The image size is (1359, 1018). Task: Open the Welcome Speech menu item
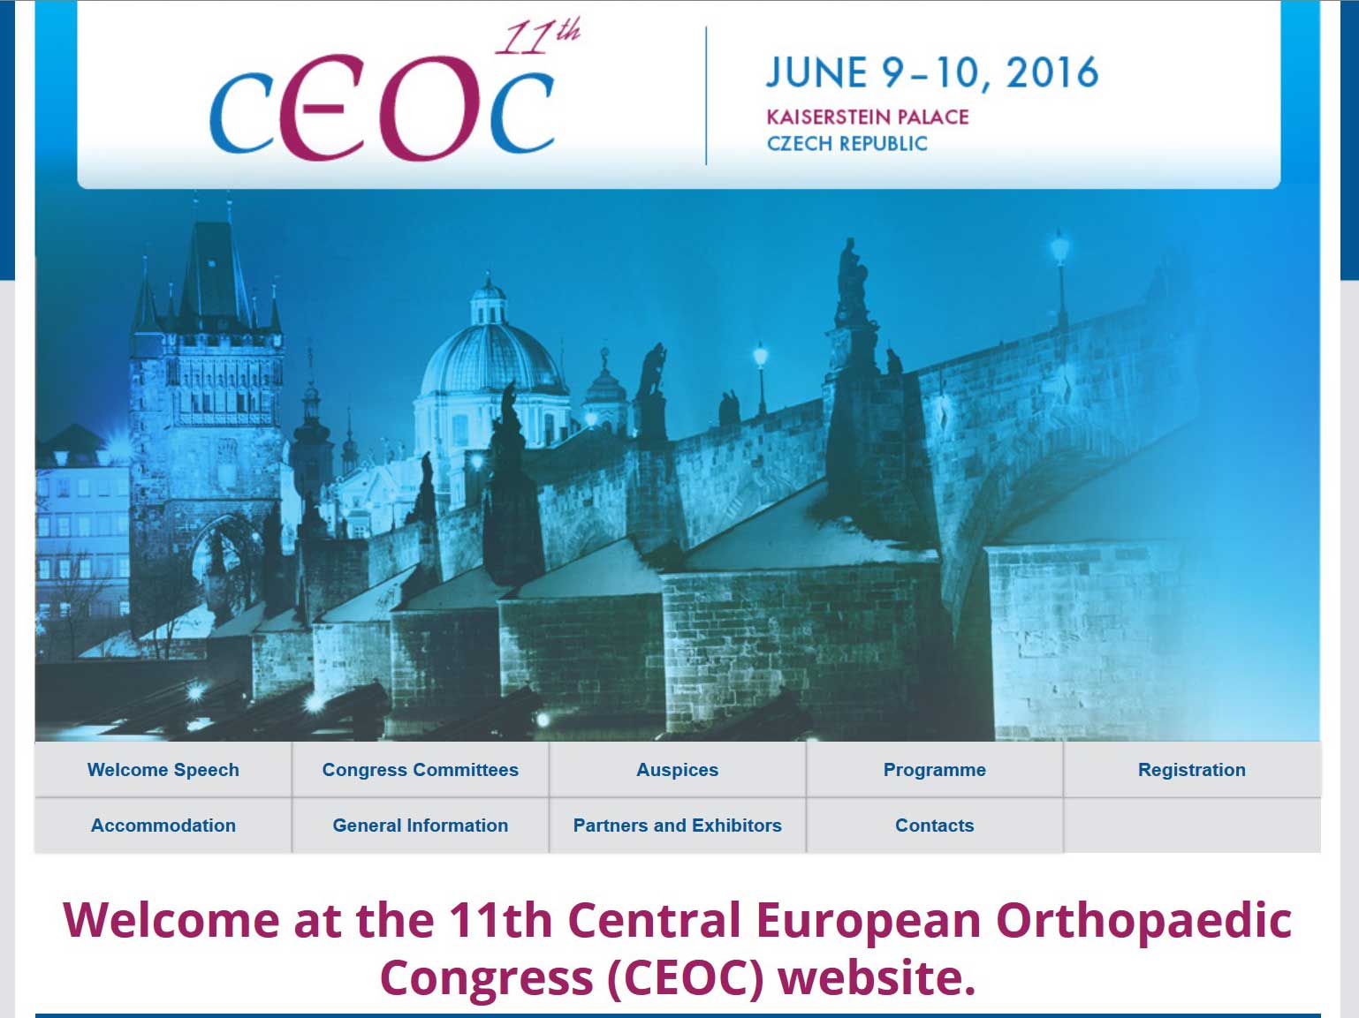(163, 769)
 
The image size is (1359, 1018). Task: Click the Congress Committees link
(421, 769)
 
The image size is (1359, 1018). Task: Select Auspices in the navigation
(678, 769)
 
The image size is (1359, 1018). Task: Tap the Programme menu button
(934, 769)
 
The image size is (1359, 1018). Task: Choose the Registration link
(1192, 769)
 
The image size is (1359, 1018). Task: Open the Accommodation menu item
(163, 825)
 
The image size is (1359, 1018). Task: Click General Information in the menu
(421, 825)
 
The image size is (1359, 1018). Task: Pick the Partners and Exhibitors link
(678, 825)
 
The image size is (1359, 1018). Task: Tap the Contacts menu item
(934, 825)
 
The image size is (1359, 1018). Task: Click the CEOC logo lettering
(382, 109)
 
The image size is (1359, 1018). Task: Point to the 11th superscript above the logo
(537, 38)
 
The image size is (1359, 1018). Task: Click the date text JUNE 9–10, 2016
(932, 73)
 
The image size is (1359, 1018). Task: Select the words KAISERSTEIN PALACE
(868, 117)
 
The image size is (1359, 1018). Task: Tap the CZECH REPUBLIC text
(847, 144)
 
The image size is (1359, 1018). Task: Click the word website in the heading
(877, 978)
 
